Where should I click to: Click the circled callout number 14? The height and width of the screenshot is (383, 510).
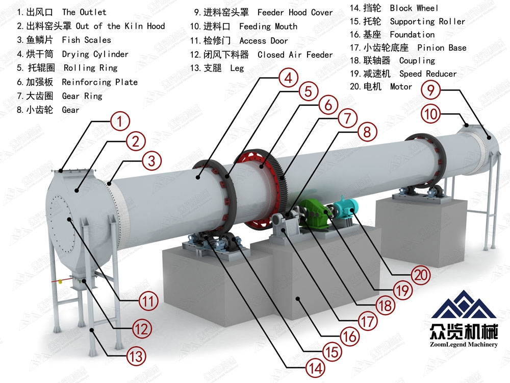[x=316, y=368]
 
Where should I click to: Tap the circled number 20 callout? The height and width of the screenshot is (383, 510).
[x=421, y=275]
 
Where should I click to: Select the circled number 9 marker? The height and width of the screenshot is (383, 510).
[x=430, y=89]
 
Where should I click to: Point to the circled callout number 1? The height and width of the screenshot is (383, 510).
[x=120, y=121]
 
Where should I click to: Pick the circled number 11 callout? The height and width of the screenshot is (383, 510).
[x=148, y=301]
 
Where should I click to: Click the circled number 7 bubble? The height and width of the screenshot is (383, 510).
[x=348, y=118]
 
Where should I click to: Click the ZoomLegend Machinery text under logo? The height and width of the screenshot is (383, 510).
[x=464, y=344]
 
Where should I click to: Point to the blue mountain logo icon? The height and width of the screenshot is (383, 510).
[x=464, y=305]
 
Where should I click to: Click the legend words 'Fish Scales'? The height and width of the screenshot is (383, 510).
[x=87, y=40]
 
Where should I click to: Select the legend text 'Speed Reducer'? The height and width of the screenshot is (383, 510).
[x=428, y=74]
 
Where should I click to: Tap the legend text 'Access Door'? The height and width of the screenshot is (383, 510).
[x=264, y=41]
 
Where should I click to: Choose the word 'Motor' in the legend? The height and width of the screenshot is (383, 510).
[x=401, y=87]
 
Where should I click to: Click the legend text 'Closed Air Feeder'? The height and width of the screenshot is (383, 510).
[x=295, y=55]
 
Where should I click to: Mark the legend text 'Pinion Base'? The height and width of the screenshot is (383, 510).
[x=442, y=48]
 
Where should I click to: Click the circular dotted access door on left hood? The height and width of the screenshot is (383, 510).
[x=62, y=224]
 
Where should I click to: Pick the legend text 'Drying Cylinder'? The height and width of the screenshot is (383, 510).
[x=95, y=54]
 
